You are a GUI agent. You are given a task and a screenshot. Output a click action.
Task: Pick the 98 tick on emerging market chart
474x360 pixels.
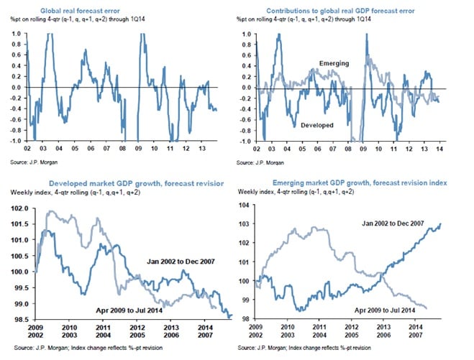pos(243,318)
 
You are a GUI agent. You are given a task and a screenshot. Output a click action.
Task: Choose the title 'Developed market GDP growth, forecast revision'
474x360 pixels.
pos(116,184)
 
